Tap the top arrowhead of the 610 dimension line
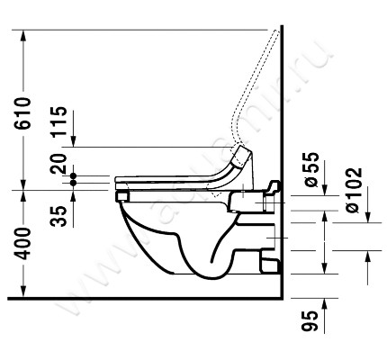point(27,37)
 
